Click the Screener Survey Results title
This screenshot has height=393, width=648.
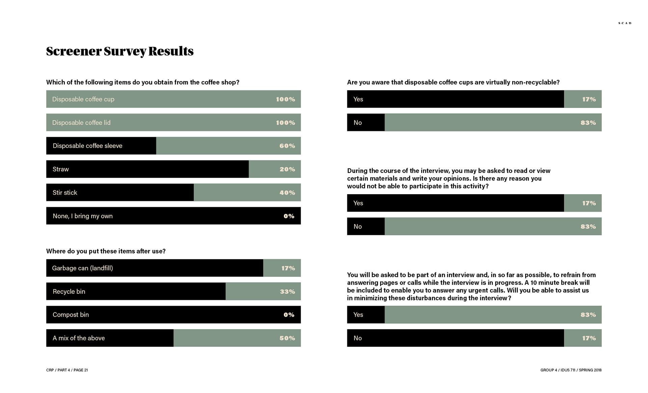click(120, 51)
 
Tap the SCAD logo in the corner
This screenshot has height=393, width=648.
click(625, 23)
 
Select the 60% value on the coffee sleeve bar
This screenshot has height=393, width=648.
click(287, 146)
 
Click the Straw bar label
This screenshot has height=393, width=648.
click(61, 169)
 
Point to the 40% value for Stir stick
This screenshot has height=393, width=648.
click(287, 193)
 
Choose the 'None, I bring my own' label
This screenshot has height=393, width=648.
click(83, 216)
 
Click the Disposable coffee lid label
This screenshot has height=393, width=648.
click(81, 123)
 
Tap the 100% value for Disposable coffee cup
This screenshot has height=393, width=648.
click(286, 99)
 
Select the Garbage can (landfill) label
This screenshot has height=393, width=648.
click(83, 268)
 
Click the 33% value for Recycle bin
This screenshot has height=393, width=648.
click(287, 292)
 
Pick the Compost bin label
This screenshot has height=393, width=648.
click(71, 315)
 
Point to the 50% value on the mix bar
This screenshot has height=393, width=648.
click(287, 338)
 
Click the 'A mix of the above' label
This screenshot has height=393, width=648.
click(79, 338)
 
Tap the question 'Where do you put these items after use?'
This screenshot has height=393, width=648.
click(106, 251)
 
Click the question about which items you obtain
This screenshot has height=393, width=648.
click(143, 82)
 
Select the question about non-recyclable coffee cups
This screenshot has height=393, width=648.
click(453, 82)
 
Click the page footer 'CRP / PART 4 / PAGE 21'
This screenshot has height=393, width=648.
click(67, 370)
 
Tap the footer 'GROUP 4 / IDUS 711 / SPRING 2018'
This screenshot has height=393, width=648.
click(571, 370)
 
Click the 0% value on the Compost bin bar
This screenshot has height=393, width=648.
click(289, 315)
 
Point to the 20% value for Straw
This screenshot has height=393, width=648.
click(287, 169)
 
